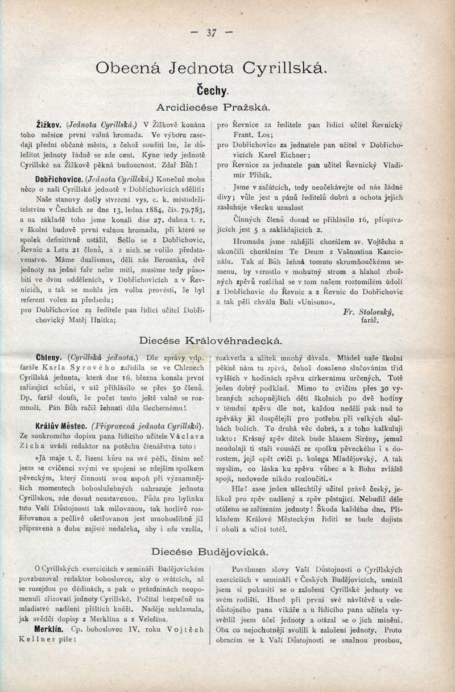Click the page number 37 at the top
(212, 33)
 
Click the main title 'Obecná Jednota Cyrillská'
(211, 68)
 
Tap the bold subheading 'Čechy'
(212, 90)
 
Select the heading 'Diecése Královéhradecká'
(211, 341)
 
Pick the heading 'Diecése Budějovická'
(211, 551)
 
